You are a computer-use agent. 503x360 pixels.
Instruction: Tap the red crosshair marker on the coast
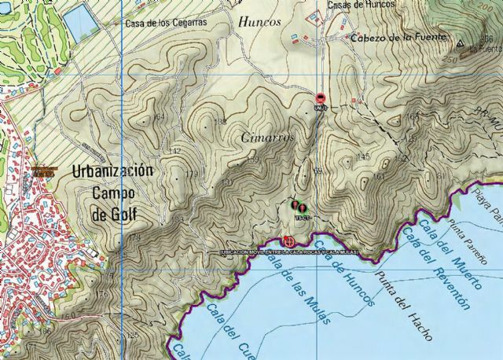click(288, 242)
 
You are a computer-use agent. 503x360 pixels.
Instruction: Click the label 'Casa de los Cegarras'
click(165, 23)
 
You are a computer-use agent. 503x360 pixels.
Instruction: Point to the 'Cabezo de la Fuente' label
click(398, 37)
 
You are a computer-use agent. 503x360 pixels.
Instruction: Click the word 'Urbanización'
click(112, 171)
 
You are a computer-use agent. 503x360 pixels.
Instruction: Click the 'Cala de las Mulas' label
click(293, 290)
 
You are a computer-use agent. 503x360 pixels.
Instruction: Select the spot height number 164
click(160, 117)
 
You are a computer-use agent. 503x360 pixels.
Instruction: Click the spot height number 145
click(362, 157)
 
